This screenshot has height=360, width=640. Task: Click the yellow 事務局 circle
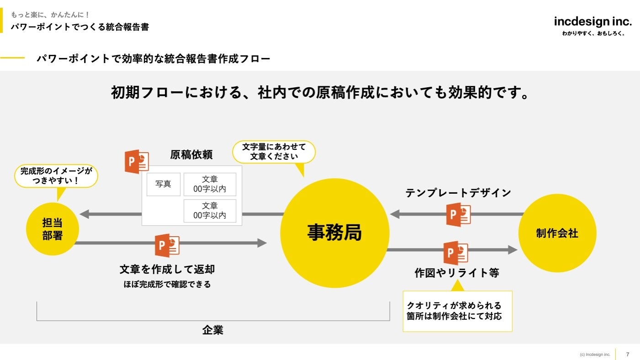click(x=334, y=233)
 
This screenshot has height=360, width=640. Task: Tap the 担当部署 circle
click(x=53, y=229)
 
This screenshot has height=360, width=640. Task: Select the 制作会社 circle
click(x=557, y=233)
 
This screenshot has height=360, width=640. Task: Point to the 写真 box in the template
click(x=163, y=184)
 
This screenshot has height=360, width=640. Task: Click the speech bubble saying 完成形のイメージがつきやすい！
click(x=56, y=176)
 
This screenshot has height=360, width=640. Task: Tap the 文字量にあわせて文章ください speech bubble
click(x=274, y=152)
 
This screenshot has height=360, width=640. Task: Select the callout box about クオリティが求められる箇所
click(x=457, y=311)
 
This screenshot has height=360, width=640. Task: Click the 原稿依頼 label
click(x=191, y=154)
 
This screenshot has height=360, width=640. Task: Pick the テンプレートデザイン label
click(x=458, y=193)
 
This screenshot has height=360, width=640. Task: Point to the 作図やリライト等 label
click(x=457, y=273)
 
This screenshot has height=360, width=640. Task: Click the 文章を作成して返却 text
click(x=167, y=269)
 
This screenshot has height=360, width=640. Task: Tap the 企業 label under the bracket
click(x=213, y=330)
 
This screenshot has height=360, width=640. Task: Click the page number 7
click(x=628, y=354)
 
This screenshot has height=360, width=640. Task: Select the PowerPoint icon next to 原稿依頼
click(x=137, y=162)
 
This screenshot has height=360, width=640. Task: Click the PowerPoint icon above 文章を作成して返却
click(x=167, y=245)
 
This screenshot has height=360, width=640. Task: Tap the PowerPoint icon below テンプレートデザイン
click(x=458, y=214)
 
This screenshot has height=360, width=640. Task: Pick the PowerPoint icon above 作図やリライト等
click(x=455, y=253)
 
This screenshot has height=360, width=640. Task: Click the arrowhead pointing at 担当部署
click(x=84, y=213)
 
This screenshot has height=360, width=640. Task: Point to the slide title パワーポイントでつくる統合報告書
click(x=80, y=27)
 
